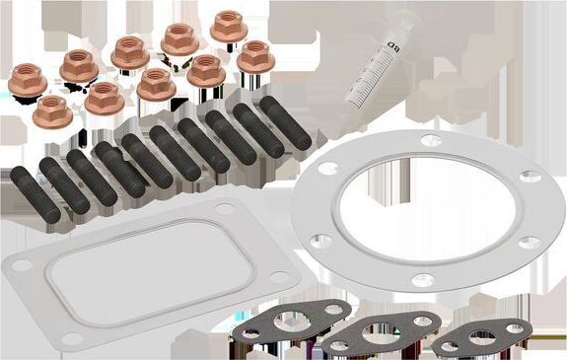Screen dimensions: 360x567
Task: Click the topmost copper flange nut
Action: click(229, 25)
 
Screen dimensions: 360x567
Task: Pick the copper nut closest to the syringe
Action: click(254, 55)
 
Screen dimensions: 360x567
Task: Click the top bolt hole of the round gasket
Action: click(430, 141)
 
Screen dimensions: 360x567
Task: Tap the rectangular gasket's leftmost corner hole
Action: click(19, 265)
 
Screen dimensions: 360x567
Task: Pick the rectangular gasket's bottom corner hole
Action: click(70, 338)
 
